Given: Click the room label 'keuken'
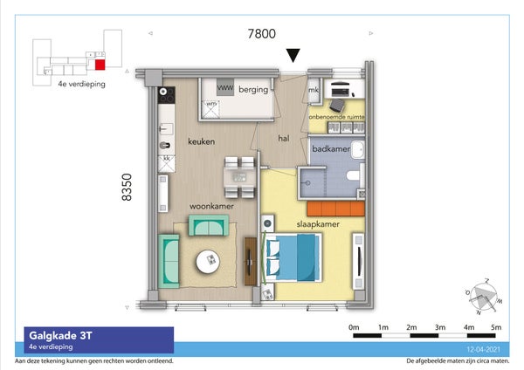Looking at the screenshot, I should click(x=200, y=140).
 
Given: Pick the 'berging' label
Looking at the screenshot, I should click(x=255, y=88).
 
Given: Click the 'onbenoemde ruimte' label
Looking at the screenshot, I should click(x=336, y=116).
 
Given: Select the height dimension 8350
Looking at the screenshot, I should click(x=127, y=186).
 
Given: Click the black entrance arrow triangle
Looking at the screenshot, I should click(x=294, y=55).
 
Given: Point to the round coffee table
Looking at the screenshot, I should click(x=209, y=260).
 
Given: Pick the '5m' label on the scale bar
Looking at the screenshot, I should click(x=496, y=327).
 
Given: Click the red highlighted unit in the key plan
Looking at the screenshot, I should click(x=100, y=63).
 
